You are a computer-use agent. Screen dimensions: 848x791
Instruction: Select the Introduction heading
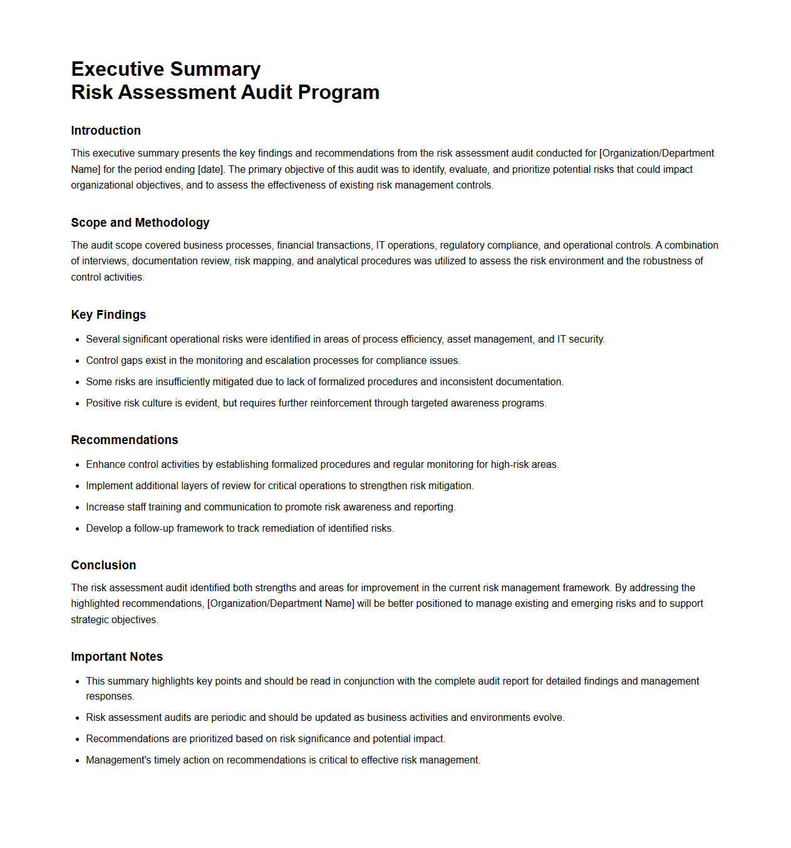pos(106,130)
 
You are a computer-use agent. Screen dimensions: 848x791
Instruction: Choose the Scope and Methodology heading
pos(140,222)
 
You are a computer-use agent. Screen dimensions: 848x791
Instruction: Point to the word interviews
pos(104,261)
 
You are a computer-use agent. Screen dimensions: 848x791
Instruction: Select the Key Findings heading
pos(108,314)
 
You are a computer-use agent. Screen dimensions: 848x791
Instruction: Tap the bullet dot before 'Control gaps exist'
pos(78,361)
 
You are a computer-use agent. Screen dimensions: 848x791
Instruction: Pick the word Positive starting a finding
pos(103,403)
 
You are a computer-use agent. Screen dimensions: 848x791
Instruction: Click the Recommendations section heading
pos(125,440)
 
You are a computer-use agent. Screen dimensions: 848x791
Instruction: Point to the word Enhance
pos(106,465)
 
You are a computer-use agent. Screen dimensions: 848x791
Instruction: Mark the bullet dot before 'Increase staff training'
pos(78,508)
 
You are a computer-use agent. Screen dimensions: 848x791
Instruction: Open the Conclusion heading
pos(103,565)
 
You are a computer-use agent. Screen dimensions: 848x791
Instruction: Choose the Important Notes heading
pos(117,656)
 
